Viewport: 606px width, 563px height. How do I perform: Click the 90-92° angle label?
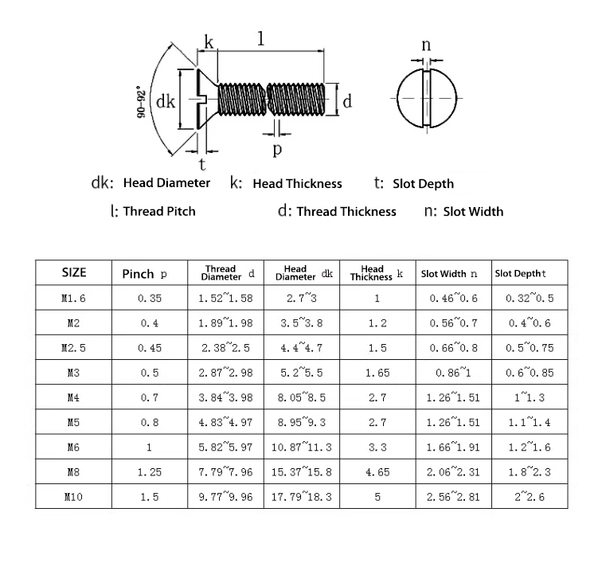(x=142, y=103)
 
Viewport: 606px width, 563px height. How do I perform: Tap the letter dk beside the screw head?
(x=166, y=102)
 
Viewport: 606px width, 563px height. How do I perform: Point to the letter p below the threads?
(x=277, y=150)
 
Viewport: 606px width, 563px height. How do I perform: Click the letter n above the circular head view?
(x=426, y=45)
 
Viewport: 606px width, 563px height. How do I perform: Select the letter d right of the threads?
(x=347, y=101)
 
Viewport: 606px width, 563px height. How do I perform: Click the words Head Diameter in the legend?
(x=166, y=183)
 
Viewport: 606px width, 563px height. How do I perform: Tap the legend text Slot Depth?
(x=423, y=184)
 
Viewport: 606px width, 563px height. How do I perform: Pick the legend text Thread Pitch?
(x=159, y=211)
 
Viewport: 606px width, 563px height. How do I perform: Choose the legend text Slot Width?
(x=473, y=212)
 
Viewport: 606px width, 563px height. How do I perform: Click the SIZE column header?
(x=74, y=272)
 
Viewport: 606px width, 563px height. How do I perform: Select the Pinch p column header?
(x=145, y=274)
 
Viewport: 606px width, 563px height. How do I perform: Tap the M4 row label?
(x=73, y=397)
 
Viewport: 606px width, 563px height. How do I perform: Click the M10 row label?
(x=73, y=497)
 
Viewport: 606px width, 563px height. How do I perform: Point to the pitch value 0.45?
(x=150, y=348)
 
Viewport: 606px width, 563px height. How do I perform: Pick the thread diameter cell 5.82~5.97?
(x=225, y=447)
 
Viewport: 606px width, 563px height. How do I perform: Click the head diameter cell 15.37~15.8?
(x=302, y=471)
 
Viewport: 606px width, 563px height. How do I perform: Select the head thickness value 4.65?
(x=377, y=472)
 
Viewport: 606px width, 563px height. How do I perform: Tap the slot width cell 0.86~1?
(x=453, y=373)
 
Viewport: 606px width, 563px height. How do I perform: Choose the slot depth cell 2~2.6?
(x=530, y=497)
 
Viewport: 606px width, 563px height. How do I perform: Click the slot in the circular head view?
(x=427, y=98)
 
